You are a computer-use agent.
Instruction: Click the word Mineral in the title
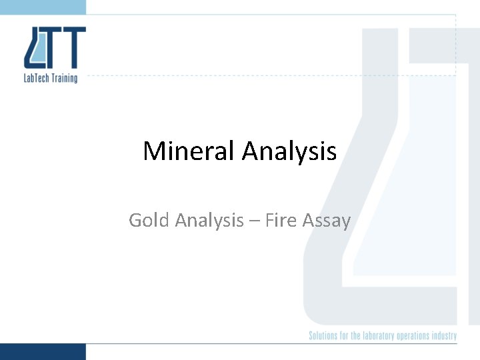click(189, 151)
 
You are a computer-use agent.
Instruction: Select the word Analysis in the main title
click(289, 151)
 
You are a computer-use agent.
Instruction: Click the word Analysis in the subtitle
click(209, 220)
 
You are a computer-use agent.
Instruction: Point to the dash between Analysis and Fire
click(254, 221)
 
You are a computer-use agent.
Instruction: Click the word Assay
click(326, 220)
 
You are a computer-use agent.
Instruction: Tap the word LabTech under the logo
click(37, 78)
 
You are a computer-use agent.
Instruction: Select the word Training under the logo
click(65, 78)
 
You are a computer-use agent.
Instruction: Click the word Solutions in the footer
click(325, 335)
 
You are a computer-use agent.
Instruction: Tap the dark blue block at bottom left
click(43, 351)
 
